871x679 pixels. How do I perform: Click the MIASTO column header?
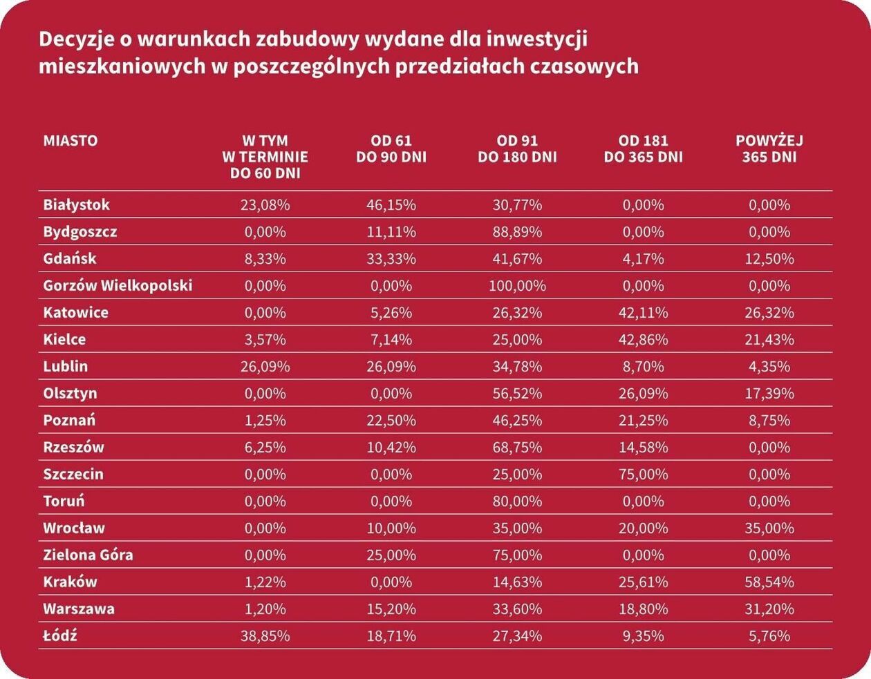coord(71,140)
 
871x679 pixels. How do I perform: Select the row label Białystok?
coord(76,204)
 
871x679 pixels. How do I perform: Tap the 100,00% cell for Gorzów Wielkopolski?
coord(517,285)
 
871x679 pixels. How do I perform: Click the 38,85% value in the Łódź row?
coord(265,635)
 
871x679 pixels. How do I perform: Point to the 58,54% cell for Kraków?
coord(769,582)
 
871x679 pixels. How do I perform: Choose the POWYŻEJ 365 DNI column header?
coord(769,149)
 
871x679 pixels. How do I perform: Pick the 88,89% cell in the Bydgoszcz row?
coord(517,231)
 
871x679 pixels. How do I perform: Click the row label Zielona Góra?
coord(88,555)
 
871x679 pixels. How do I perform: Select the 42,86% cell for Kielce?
coord(643,339)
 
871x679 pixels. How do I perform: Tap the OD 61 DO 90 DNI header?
coord(391,149)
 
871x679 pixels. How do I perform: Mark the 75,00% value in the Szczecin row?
coord(643,474)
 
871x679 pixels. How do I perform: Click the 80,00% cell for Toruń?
coord(517,501)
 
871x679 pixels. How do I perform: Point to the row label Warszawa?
coord(79,609)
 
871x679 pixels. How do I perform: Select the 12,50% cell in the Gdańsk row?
coord(769,258)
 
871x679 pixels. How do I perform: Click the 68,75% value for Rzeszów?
coord(517,447)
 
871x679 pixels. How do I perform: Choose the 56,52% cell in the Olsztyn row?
coord(517,393)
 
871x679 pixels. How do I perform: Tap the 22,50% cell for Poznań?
coord(391,420)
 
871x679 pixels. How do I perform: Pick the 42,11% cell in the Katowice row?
coord(643,312)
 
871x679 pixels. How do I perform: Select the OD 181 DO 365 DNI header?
coord(643,149)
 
